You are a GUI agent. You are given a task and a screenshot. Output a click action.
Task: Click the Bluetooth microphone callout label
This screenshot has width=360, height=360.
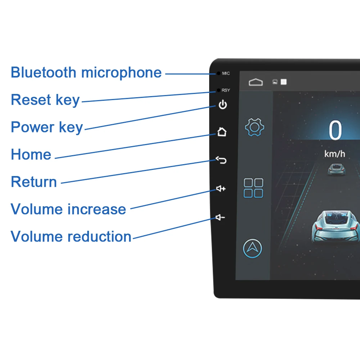coord(86,72)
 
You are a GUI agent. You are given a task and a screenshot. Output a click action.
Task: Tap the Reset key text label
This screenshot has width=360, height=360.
coord(45,100)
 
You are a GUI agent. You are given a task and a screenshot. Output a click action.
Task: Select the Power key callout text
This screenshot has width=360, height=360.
coord(47,127)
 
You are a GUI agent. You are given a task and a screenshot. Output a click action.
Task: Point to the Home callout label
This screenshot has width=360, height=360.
coord(31,155)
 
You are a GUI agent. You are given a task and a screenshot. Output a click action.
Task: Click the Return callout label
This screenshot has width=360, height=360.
coord(34,182)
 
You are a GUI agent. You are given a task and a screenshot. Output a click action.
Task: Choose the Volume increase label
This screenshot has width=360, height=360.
coord(68,209)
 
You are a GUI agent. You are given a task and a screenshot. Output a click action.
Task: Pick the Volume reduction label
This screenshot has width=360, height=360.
coord(71,237)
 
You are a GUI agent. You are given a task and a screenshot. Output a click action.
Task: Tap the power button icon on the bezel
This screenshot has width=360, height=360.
coord(223,105)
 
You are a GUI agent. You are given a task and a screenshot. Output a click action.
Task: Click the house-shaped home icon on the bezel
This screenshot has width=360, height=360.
coord(222,132)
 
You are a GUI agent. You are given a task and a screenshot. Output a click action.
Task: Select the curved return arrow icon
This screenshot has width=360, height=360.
coord(221,160)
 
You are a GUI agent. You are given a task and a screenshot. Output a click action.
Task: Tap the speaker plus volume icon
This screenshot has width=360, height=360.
coord(221,189)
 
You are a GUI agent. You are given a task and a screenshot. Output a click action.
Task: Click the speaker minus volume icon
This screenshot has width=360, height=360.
coord(220,217)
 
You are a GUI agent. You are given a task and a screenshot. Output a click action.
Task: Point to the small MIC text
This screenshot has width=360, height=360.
coord(226,73)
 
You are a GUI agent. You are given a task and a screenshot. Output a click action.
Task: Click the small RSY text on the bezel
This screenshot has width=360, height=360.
coord(226,90)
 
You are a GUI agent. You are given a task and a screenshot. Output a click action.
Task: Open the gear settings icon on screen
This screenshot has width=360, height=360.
coord(255,127)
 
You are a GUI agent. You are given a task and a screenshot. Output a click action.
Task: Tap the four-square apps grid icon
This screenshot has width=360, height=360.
coord(253,188)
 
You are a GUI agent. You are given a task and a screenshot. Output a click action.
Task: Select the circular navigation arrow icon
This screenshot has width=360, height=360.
coord(253,248)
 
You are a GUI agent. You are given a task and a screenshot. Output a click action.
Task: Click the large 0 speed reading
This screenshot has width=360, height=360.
coord(335,131)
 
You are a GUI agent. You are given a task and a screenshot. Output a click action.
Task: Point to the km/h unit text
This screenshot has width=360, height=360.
coord(334,154)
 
